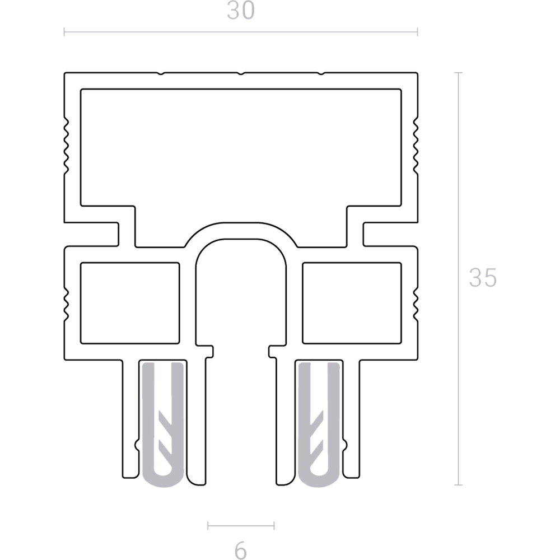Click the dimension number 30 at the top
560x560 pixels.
click(x=241, y=10)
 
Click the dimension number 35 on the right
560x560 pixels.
click(x=483, y=278)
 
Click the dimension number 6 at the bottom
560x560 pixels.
click(x=241, y=550)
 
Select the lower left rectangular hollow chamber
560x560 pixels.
click(x=130, y=303)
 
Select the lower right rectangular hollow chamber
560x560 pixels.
click(x=352, y=303)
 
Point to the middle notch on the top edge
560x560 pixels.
click(x=241, y=73)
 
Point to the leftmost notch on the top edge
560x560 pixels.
click(x=161, y=73)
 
